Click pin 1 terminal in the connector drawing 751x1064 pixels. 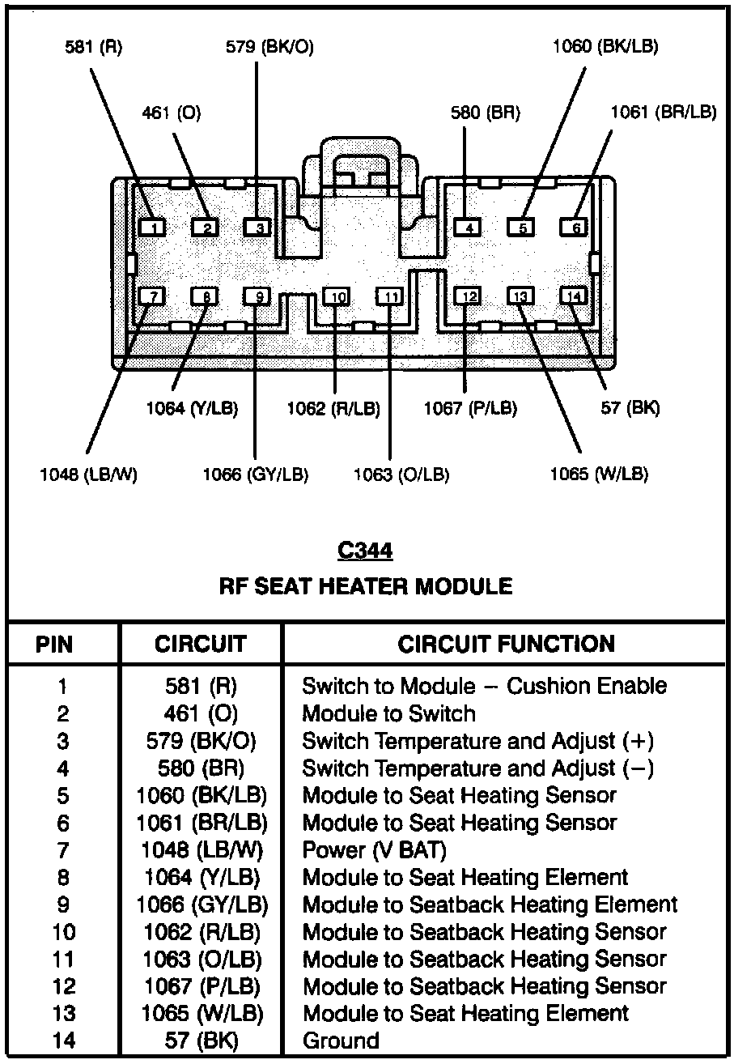point(152,228)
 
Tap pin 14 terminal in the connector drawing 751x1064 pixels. point(575,296)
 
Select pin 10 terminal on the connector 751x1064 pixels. point(338,297)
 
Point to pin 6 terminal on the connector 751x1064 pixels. point(575,228)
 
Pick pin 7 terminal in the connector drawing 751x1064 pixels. point(152,296)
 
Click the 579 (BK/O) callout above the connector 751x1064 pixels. point(269,47)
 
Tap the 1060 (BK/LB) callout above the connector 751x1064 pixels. point(605,47)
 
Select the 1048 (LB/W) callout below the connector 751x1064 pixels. point(88,475)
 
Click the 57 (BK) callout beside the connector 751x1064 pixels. point(630,408)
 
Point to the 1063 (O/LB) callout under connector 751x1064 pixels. point(401,475)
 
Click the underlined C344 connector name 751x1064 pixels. point(365,551)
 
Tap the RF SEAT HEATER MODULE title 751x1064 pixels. point(366,586)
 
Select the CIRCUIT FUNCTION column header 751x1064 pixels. point(506,645)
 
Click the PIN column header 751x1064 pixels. point(54,645)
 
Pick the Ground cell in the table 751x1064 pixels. point(341,1041)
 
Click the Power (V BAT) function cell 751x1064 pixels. point(374,850)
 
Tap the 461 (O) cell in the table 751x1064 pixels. point(201,713)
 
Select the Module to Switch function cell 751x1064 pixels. point(388,713)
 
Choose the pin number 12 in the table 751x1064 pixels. point(63,986)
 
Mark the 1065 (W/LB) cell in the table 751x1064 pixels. point(202,1013)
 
